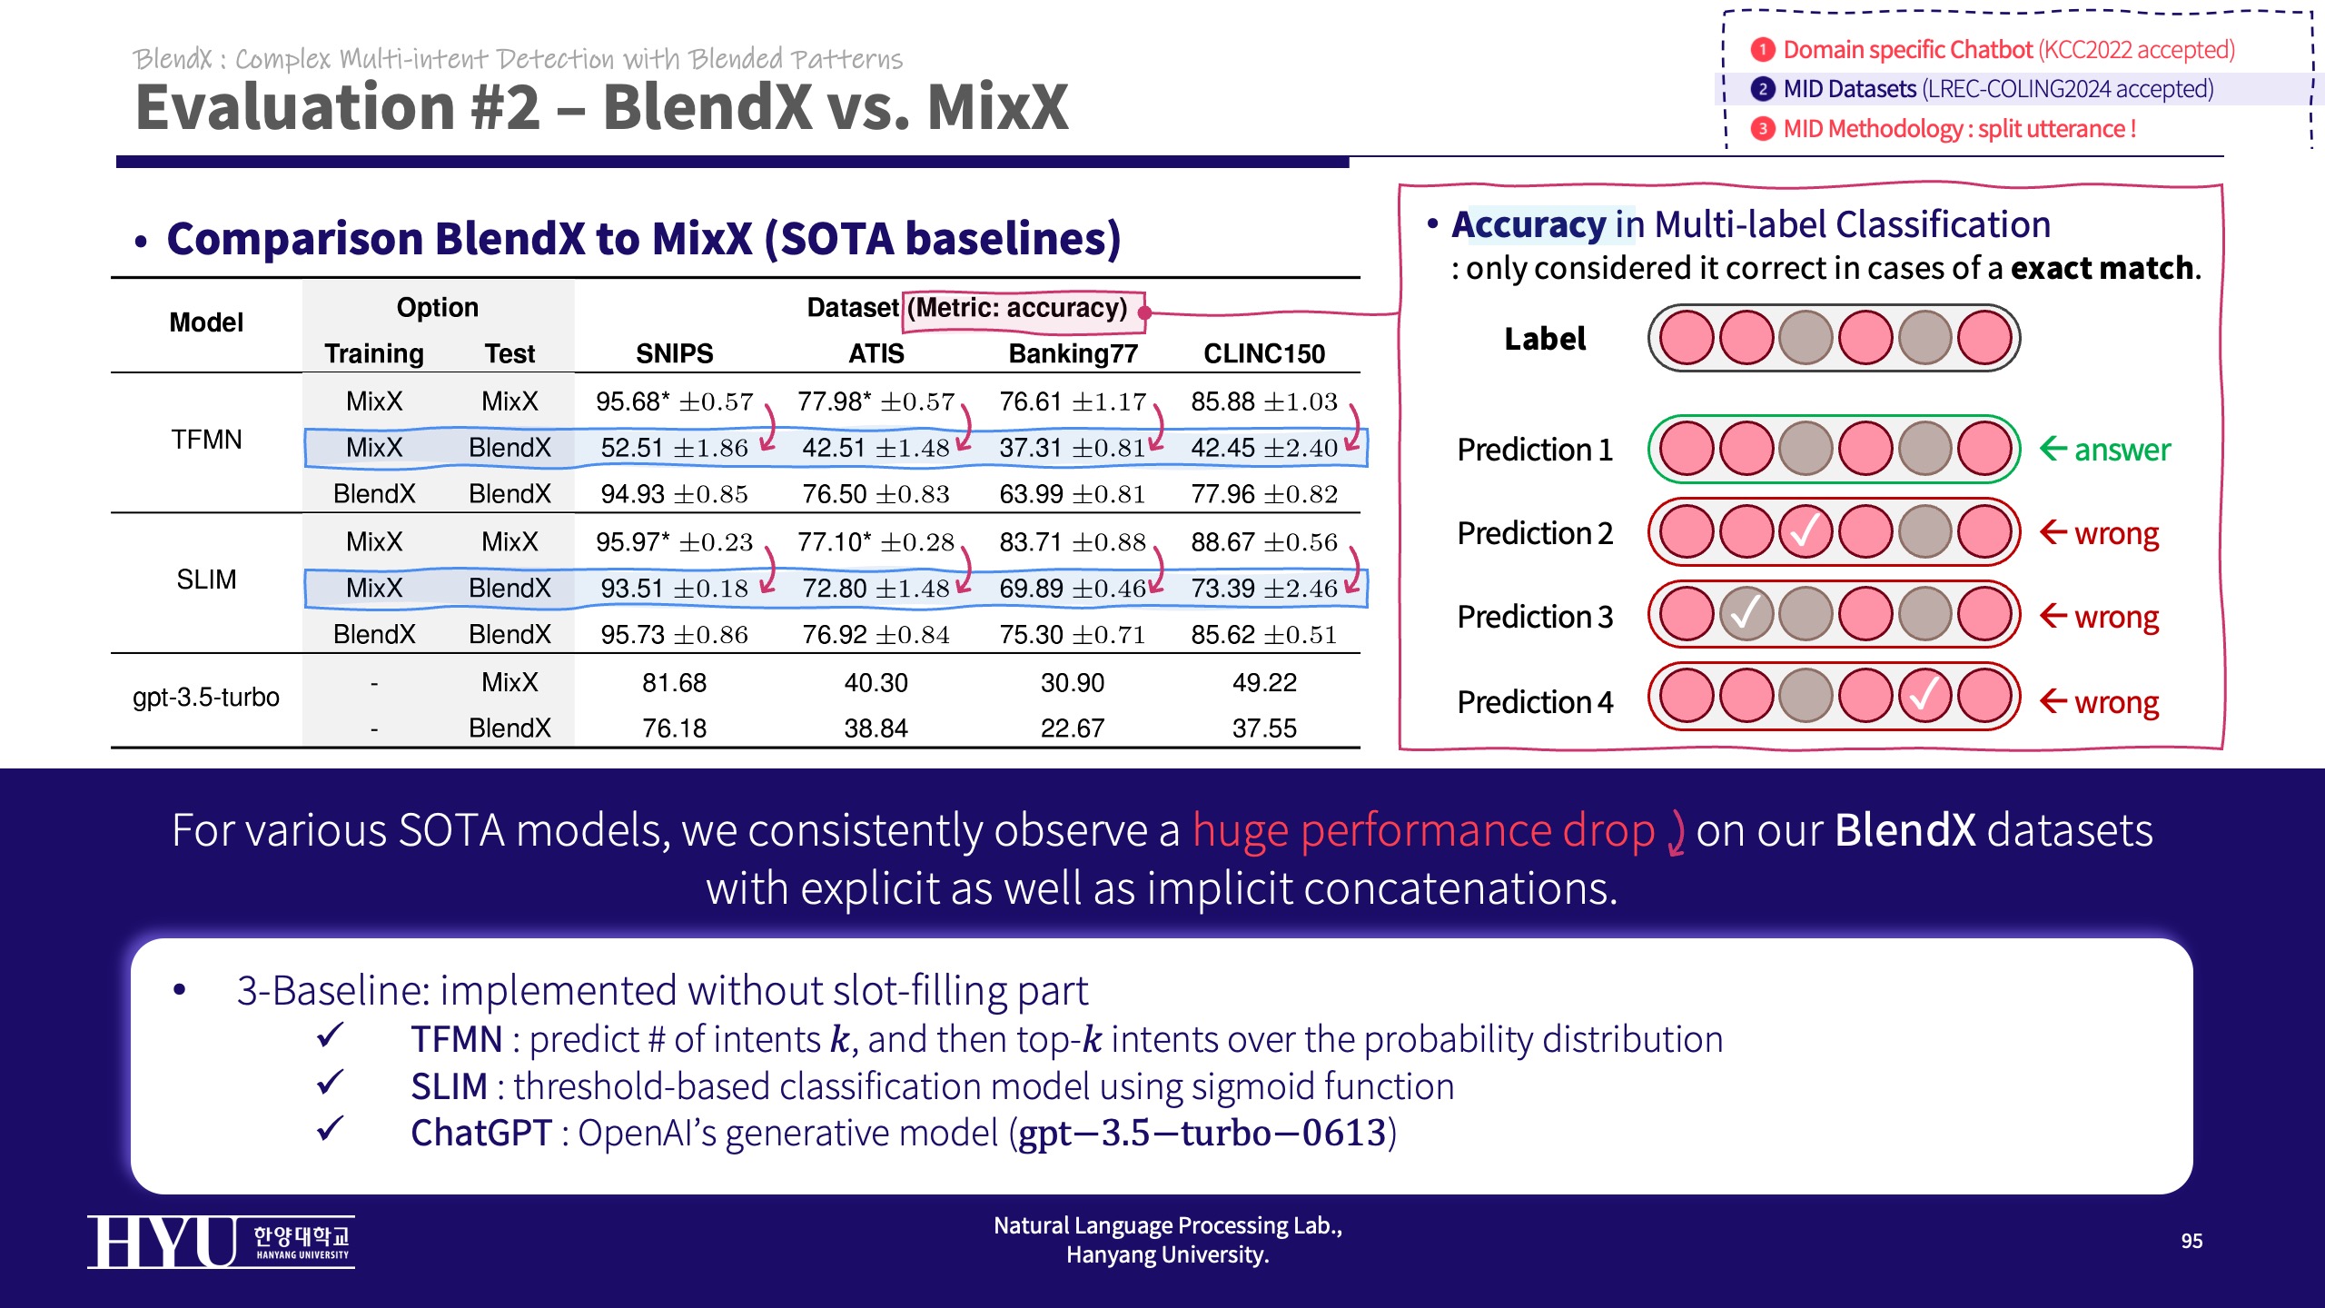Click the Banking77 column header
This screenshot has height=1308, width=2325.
[x=1073, y=353]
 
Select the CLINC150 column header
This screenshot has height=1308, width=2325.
[x=1264, y=353]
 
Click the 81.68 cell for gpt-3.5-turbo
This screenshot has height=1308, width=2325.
[x=674, y=682]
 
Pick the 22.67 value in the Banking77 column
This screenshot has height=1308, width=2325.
[x=1073, y=728]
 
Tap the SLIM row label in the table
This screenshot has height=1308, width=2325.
[x=206, y=580]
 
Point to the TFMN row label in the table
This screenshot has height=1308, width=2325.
[x=206, y=440]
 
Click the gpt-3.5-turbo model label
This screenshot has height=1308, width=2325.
[x=206, y=698]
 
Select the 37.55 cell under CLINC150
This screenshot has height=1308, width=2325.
[x=1264, y=728]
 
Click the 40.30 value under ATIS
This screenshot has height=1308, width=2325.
[x=876, y=682]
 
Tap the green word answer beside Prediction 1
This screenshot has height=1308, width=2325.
[x=2122, y=450]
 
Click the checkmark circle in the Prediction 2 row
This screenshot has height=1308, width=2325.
[x=1806, y=532]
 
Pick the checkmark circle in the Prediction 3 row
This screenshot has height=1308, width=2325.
[x=1746, y=615]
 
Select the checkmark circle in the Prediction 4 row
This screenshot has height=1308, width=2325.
[x=1924, y=698]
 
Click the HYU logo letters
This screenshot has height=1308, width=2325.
[x=163, y=1242]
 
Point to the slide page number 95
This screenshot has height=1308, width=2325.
[x=2191, y=1241]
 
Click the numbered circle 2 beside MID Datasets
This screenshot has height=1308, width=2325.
[x=1762, y=89]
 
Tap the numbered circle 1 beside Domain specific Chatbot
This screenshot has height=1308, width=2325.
[x=1762, y=49]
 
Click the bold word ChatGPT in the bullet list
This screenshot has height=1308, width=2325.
[x=480, y=1133]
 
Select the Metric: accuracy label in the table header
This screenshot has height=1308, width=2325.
[x=1022, y=308]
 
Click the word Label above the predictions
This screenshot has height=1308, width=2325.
[x=1545, y=339]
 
